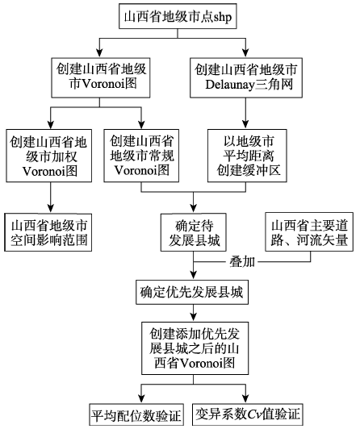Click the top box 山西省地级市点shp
[x=178, y=16]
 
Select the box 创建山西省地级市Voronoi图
[x=101, y=77]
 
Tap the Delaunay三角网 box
[x=246, y=77]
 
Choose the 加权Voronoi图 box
[x=49, y=156]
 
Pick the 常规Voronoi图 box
[x=141, y=156]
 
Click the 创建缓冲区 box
[x=247, y=156]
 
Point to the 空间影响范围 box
[x=48, y=232]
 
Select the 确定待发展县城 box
[x=194, y=232]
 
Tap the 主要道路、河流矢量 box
[x=309, y=231]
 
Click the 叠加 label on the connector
[x=242, y=261]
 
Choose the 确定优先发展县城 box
[x=192, y=292]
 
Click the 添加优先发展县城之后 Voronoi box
[x=195, y=348]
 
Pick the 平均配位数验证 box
[x=136, y=414]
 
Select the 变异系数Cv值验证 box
[x=248, y=414]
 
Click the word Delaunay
[x=229, y=85]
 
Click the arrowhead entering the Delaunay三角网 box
[x=245, y=53]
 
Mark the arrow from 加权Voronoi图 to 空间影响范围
[x=50, y=198]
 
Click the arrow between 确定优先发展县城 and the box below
[x=194, y=313]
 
